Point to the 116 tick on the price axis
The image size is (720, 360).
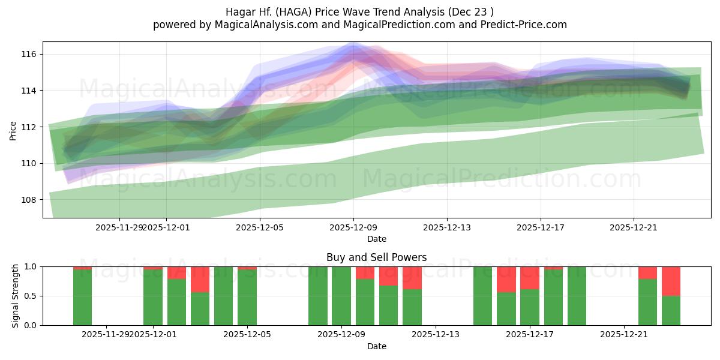coord(29,55)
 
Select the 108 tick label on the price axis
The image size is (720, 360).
coord(29,200)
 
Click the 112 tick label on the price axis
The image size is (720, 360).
coord(29,127)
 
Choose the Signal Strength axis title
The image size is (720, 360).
coord(16,296)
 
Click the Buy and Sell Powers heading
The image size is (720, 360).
coord(376,257)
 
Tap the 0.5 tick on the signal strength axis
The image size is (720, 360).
coord(31,296)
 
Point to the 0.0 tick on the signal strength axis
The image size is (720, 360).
coord(31,325)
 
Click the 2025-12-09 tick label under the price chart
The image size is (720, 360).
coord(353,228)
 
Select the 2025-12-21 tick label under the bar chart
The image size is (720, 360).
coord(624,334)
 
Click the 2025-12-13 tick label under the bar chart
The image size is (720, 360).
coord(436,334)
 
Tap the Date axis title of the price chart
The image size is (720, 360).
coord(376,239)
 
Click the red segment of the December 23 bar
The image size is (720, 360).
coord(671,281)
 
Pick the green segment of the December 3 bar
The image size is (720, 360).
coord(200,308)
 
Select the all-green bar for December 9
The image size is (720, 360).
coord(341,296)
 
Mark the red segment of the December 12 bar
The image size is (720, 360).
coord(412,278)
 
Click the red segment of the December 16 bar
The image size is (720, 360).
coord(506,279)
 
